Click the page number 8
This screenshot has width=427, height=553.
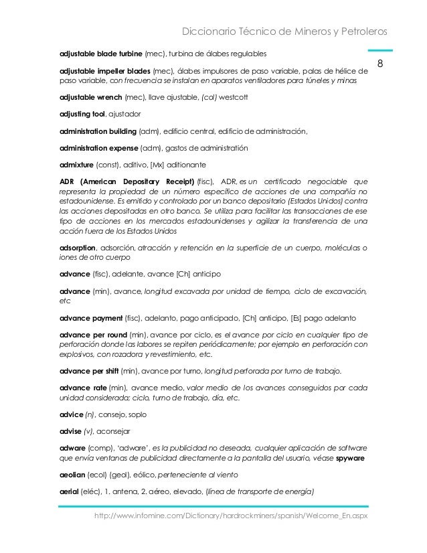[x=380, y=64]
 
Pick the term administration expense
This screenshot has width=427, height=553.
[x=100, y=149]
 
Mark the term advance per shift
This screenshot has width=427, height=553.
[x=90, y=370]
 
